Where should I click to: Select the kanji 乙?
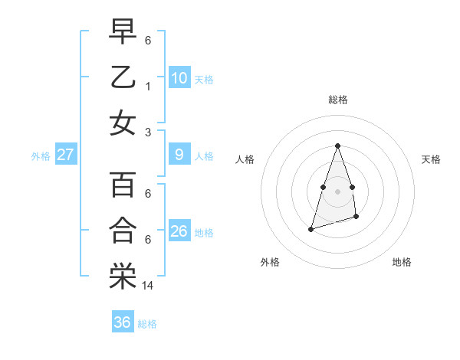123,77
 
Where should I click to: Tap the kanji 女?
123,123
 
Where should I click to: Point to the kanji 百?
123,185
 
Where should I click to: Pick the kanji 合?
123,231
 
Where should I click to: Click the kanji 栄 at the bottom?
123,277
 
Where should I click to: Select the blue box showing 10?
179,77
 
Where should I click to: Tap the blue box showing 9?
179,155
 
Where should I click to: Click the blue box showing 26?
179,231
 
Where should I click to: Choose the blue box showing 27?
65,155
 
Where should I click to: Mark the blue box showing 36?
122,322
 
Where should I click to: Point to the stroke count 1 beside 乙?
148,87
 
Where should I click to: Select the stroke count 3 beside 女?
148,133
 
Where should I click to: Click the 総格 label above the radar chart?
337,100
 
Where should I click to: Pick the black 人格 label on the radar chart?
245,159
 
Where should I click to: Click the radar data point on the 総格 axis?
337,146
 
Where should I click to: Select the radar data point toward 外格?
310,228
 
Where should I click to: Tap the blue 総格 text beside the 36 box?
147,324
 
